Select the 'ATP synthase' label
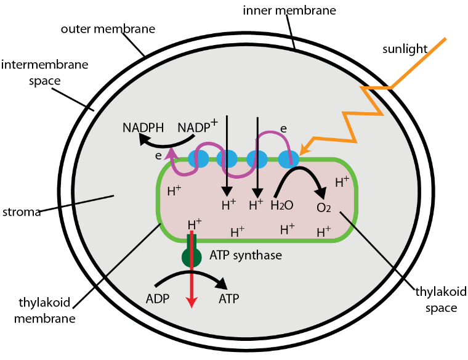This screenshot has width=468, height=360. pyautogui.click(x=246, y=254)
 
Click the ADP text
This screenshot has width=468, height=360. pyautogui.click(x=158, y=299)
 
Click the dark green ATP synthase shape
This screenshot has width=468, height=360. pyautogui.click(x=192, y=253)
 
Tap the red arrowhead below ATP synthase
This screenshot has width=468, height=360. pyautogui.click(x=192, y=302)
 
